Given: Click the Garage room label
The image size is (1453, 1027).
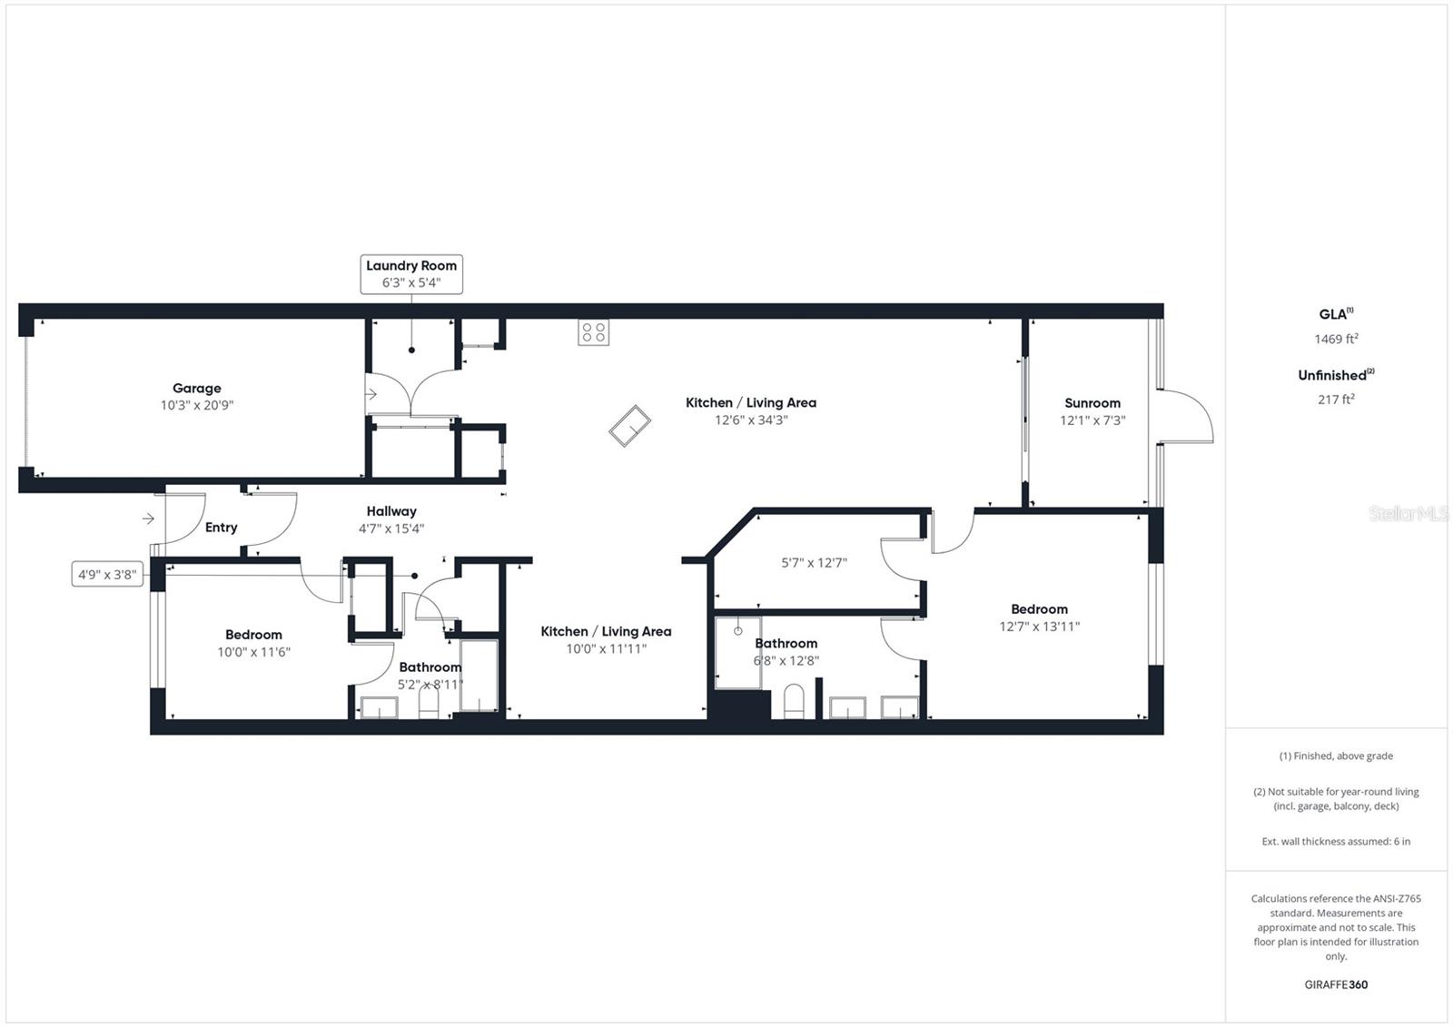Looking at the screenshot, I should click(197, 389).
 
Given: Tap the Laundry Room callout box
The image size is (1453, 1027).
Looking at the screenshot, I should click(411, 274).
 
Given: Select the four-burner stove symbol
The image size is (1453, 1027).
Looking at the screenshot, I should click(594, 332).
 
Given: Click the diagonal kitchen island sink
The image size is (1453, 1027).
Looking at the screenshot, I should click(629, 426).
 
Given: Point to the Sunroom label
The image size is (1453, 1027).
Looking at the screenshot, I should click(1092, 403).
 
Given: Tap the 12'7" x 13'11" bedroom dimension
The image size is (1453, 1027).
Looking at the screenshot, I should click(1039, 627).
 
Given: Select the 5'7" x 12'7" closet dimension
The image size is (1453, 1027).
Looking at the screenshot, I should click(814, 563).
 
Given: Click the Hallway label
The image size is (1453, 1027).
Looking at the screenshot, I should click(391, 511).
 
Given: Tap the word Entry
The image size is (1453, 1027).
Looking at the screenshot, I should click(221, 528).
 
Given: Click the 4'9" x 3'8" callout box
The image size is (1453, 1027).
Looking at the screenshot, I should click(107, 574).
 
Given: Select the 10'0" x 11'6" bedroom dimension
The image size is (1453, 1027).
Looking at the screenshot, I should click(253, 652).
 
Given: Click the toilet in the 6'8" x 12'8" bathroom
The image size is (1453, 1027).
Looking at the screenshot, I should click(794, 701).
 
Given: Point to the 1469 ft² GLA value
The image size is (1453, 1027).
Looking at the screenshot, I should click(1336, 339).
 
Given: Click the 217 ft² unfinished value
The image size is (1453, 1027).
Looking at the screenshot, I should click(1336, 400).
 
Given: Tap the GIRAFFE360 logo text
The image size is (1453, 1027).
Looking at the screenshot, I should click(1336, 984).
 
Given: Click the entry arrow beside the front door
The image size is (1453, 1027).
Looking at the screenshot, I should click(148, 518).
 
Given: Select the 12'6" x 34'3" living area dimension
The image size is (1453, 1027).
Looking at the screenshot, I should click(750, 420).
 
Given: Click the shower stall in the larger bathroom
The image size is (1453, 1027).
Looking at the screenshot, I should click(737, 652).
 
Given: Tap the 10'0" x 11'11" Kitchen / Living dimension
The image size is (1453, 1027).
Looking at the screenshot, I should click(606, 649).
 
